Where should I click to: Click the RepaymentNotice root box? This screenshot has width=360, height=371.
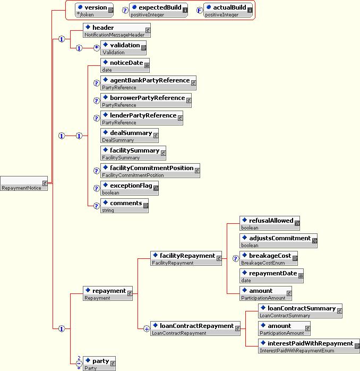click(24, 183)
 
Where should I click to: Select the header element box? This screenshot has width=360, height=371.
click(117, 30)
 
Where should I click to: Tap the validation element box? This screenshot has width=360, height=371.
click(123, 48)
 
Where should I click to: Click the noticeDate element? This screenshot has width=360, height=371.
click(125, 65)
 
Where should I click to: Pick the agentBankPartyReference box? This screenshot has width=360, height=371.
click(148, 83)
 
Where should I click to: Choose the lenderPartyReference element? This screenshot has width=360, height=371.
click(142, 118)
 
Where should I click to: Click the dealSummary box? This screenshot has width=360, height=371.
click(130, 136)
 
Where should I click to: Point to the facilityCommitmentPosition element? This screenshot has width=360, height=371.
click(150, 171)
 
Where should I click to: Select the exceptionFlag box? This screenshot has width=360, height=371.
click(130, 188)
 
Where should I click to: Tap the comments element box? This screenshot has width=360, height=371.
click(125, 205)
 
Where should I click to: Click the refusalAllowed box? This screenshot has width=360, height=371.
click(270, 223)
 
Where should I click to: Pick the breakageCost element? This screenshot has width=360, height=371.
click(269, 258)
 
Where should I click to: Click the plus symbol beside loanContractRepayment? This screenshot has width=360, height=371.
click(147, 328)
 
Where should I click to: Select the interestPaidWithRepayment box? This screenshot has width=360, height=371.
click(309, 345)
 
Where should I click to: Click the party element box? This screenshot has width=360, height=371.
click(99, 363)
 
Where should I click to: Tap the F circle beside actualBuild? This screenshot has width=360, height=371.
click(200, 11)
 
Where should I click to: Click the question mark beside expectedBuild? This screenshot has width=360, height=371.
click(125, 11)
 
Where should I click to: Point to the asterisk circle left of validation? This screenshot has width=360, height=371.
click(97, 48)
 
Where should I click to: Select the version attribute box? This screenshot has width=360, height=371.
click(95, 10)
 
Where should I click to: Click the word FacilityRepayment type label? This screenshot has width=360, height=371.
click(173, 263)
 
